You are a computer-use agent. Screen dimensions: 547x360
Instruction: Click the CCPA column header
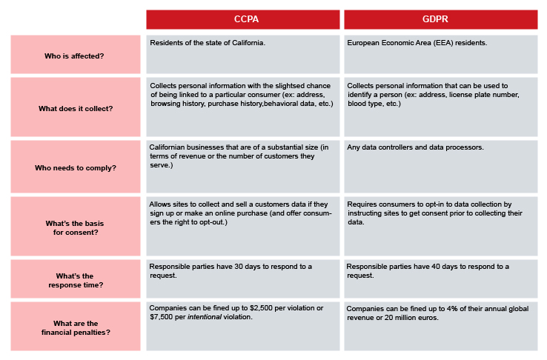click(x=246, y=19)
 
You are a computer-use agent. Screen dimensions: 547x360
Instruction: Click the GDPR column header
click(x=435, y=19)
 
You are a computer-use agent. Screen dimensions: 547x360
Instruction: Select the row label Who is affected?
click(x=74, y=56)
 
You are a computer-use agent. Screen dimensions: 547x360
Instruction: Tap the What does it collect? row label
click(x=76, y=109)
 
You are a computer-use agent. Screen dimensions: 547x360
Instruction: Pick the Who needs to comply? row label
click(x=76, y=168)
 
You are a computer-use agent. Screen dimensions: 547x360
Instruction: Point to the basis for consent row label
click(x=75, y=228)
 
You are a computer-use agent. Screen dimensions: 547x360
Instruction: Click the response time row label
click(x=76, y=281)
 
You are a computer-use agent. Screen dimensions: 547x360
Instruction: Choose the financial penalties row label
click(x=76, y=328)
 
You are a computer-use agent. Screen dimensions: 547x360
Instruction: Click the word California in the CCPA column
click(x=248, y=43)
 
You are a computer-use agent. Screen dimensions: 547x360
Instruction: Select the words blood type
click(x=365, y=104)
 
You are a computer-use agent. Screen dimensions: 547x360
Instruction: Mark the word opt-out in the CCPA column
click(x=212, y=222)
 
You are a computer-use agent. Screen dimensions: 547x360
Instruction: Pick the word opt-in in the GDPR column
click(x=439, y=204)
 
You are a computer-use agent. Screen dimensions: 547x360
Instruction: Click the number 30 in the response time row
click(x=239, y=267)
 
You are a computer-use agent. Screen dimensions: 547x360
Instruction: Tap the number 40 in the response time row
click(x=436, y=267)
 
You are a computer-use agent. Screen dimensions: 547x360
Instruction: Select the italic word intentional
click(x=205, y=317)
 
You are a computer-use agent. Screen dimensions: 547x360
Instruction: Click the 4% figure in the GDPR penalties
click(x=452, y=309)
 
